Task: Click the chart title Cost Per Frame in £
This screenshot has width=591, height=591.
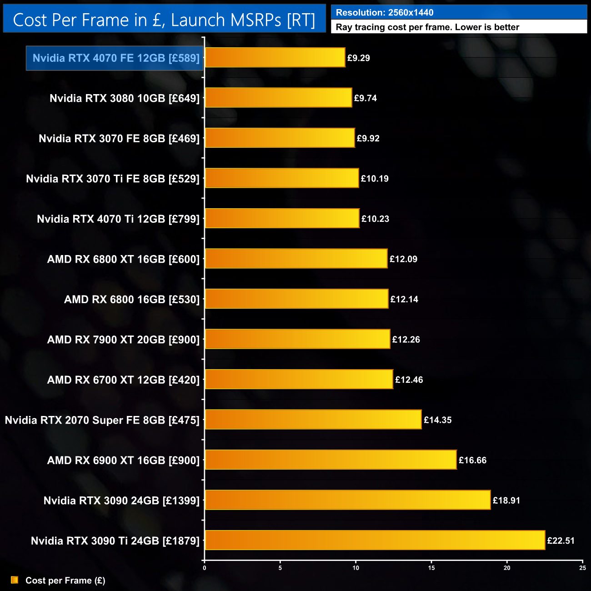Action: tap(164, 20)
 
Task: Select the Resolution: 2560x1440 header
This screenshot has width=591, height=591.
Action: tap(385, 13)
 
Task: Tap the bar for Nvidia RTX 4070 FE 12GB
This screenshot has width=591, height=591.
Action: tap(275, 58)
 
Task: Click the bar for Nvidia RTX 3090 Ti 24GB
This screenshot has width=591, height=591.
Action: tap(375, 541)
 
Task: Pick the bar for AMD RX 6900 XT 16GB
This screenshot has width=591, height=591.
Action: tap(331, 460)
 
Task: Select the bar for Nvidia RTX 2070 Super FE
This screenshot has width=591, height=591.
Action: tap(313, 420)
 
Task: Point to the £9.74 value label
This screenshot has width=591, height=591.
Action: tap(366, 98)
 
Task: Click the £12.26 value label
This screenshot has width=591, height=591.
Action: tap(406, 340)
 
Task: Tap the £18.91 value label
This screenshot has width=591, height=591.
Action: tap(506, 501)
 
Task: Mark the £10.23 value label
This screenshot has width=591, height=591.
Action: tap(375, 219)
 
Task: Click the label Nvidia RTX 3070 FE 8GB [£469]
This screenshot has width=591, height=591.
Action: tap(119, 139)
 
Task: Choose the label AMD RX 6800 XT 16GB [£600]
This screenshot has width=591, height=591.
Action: tap(123, 259)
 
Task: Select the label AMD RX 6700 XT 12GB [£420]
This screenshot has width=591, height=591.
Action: tap(123, 380)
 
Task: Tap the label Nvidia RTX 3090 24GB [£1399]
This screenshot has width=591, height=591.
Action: tap(121, 501)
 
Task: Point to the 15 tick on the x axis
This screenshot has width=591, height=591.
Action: tap(431, 567)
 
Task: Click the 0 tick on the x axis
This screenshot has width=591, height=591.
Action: tap(205, 567)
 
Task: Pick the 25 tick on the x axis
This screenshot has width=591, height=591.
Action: tap(582, 567)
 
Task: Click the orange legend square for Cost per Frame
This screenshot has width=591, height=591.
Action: tap(15, 580)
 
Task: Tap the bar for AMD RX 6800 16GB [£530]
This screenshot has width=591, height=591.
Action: tap(296, 299)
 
